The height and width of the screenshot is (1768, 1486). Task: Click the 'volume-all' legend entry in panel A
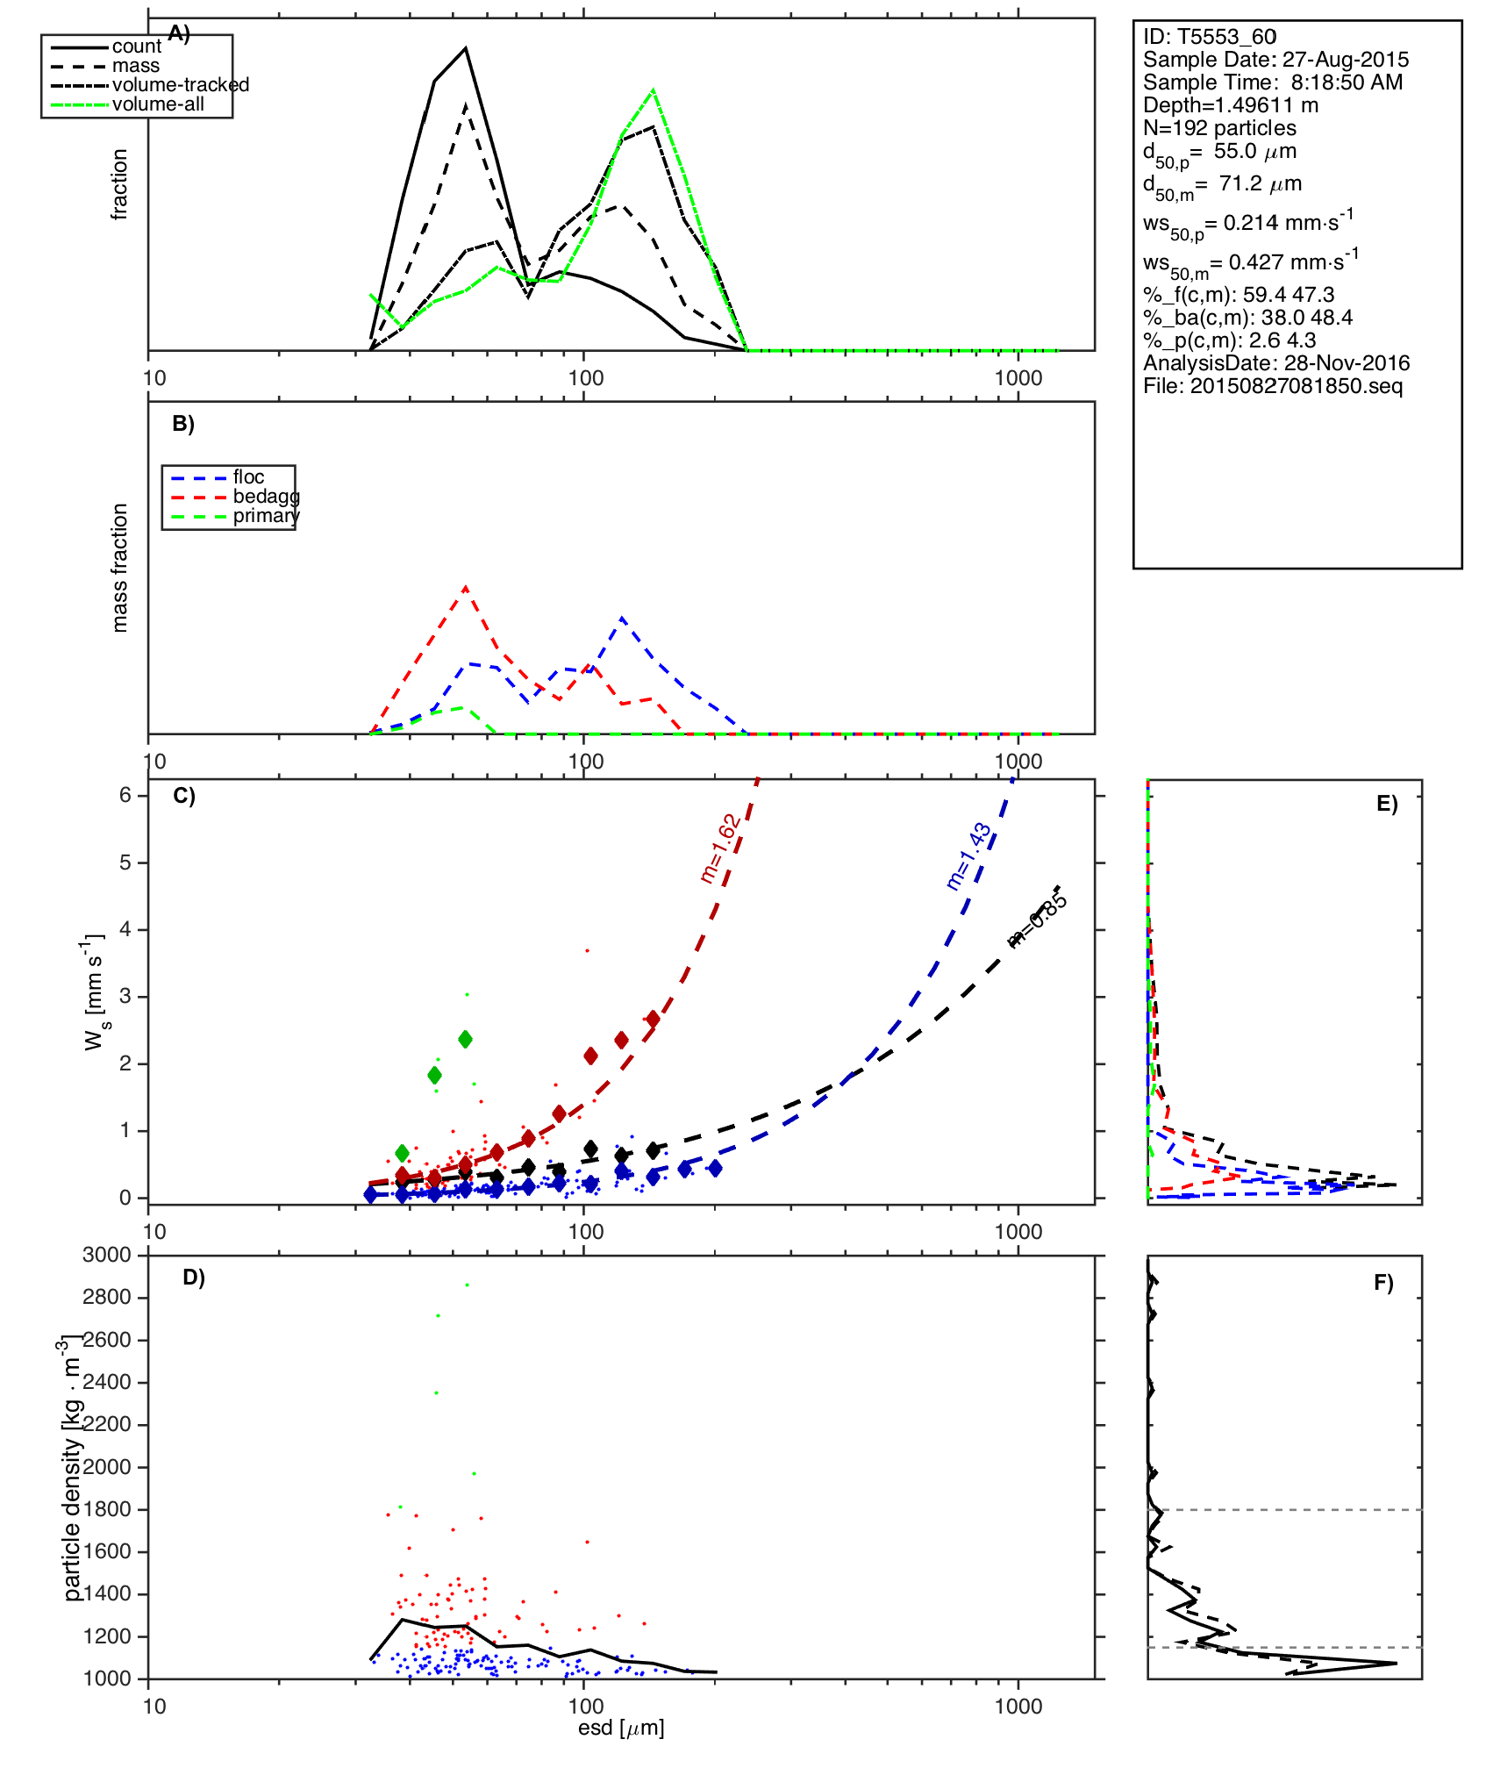(x=158, y=104)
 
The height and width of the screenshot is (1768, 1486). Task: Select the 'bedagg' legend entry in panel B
(x=266, y=497)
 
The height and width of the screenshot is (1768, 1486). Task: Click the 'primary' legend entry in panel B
(x=266, y=516)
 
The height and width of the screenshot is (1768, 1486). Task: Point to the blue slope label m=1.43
(x=968, y=856)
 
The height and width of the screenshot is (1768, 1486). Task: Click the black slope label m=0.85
(x=1037, y=920)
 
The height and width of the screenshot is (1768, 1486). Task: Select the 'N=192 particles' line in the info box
(x=1219, y=128)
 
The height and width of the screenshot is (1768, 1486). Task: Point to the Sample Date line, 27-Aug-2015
(x=1275, y=60)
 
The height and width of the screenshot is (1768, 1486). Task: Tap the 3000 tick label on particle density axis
(x=107, y=1256)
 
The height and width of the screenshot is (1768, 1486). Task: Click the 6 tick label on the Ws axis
(x=125, y=795)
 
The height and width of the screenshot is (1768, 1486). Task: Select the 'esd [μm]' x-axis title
(x=621, y=1728)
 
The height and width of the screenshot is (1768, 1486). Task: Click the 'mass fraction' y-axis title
(x=120, y=568)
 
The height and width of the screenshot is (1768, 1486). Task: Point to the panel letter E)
(x=1387, y=805)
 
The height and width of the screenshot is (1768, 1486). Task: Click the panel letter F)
(x=1383, y=1284)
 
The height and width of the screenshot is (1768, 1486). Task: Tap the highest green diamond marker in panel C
(x=466, y=1040)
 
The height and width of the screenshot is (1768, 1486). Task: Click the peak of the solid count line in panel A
(x=466, y=48)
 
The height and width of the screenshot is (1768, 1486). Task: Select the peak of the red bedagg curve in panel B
(x=465, y=588)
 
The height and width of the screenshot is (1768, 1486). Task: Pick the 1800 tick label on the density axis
(x=107, y=1509)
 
